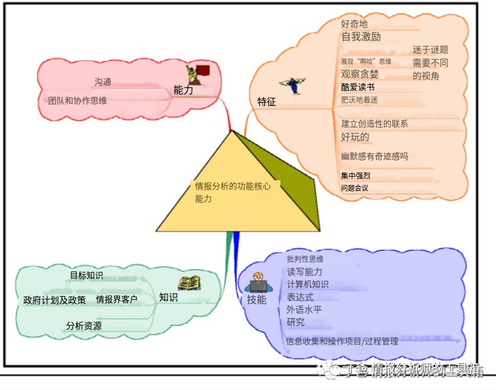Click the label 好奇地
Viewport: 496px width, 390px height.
coord(354,24)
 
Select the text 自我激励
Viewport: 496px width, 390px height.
coord(361,37)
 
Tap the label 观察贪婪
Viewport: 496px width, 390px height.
coord(360,74)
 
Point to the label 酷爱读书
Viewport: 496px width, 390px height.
coord(357,87)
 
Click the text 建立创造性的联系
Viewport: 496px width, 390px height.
coord(374,124)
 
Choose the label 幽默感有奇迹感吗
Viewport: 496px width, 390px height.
coord(374,156)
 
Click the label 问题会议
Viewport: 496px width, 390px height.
coord(354,188)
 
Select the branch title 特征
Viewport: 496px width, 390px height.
coord(267,102)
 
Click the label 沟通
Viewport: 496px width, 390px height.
coord(103,82)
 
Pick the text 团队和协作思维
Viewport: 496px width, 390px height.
coord(78,101)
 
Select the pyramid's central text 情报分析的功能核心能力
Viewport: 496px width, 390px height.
coord(233,192)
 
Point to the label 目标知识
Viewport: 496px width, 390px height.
coord(87,275)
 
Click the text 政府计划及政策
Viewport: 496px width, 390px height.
coord(55,300)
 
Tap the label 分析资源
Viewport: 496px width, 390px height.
coord(84,326)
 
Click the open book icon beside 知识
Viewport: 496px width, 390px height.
coord(189,283)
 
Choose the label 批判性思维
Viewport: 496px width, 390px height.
coord(305,259)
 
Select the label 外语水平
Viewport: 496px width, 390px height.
coord(304,310)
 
